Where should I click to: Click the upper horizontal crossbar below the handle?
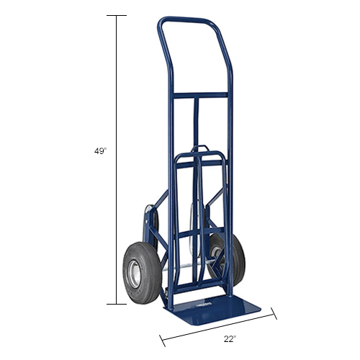tap(194, 94)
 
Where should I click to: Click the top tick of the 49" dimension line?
tap(117, 15)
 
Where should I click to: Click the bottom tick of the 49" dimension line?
tap(117, 304)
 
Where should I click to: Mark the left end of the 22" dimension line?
tap(161, 336)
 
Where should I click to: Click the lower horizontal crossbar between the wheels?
tap(193, 233)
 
